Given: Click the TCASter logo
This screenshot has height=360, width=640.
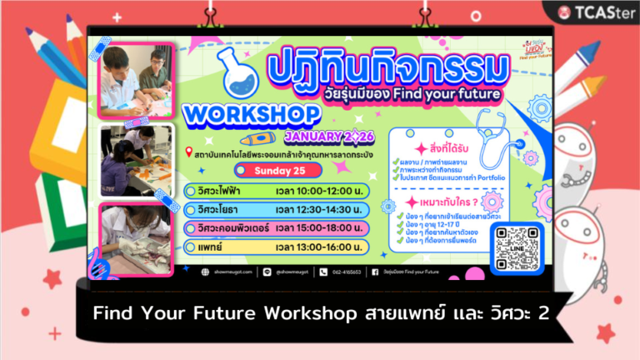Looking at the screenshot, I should [596, 12].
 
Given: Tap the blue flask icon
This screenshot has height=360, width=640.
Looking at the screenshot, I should [224, 69].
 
